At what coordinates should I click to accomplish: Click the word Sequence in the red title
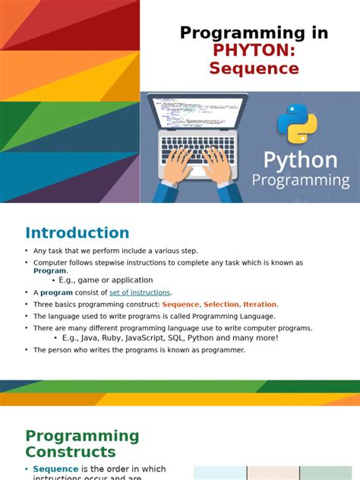click(254, 68)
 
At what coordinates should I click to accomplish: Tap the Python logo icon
click(297, 123)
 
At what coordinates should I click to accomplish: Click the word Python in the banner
click(300, 160)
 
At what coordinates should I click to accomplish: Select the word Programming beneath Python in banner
click(300, 181)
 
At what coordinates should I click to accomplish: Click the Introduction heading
click(77, 233)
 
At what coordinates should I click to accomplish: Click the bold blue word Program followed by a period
click(49, 270)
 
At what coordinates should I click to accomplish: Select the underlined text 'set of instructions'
click(140, 292)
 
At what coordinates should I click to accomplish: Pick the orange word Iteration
click(260, 304)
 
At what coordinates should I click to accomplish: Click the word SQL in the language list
click(191, 338)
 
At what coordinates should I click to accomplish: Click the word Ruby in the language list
click(115, 338)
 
